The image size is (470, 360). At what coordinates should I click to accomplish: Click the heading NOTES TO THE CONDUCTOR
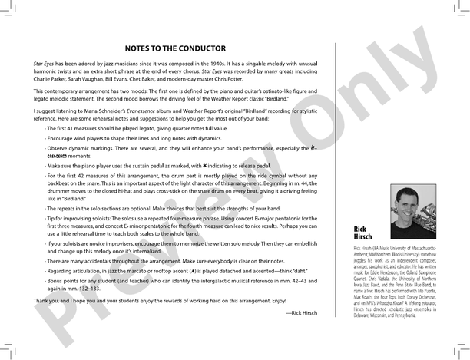pos(174,48)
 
